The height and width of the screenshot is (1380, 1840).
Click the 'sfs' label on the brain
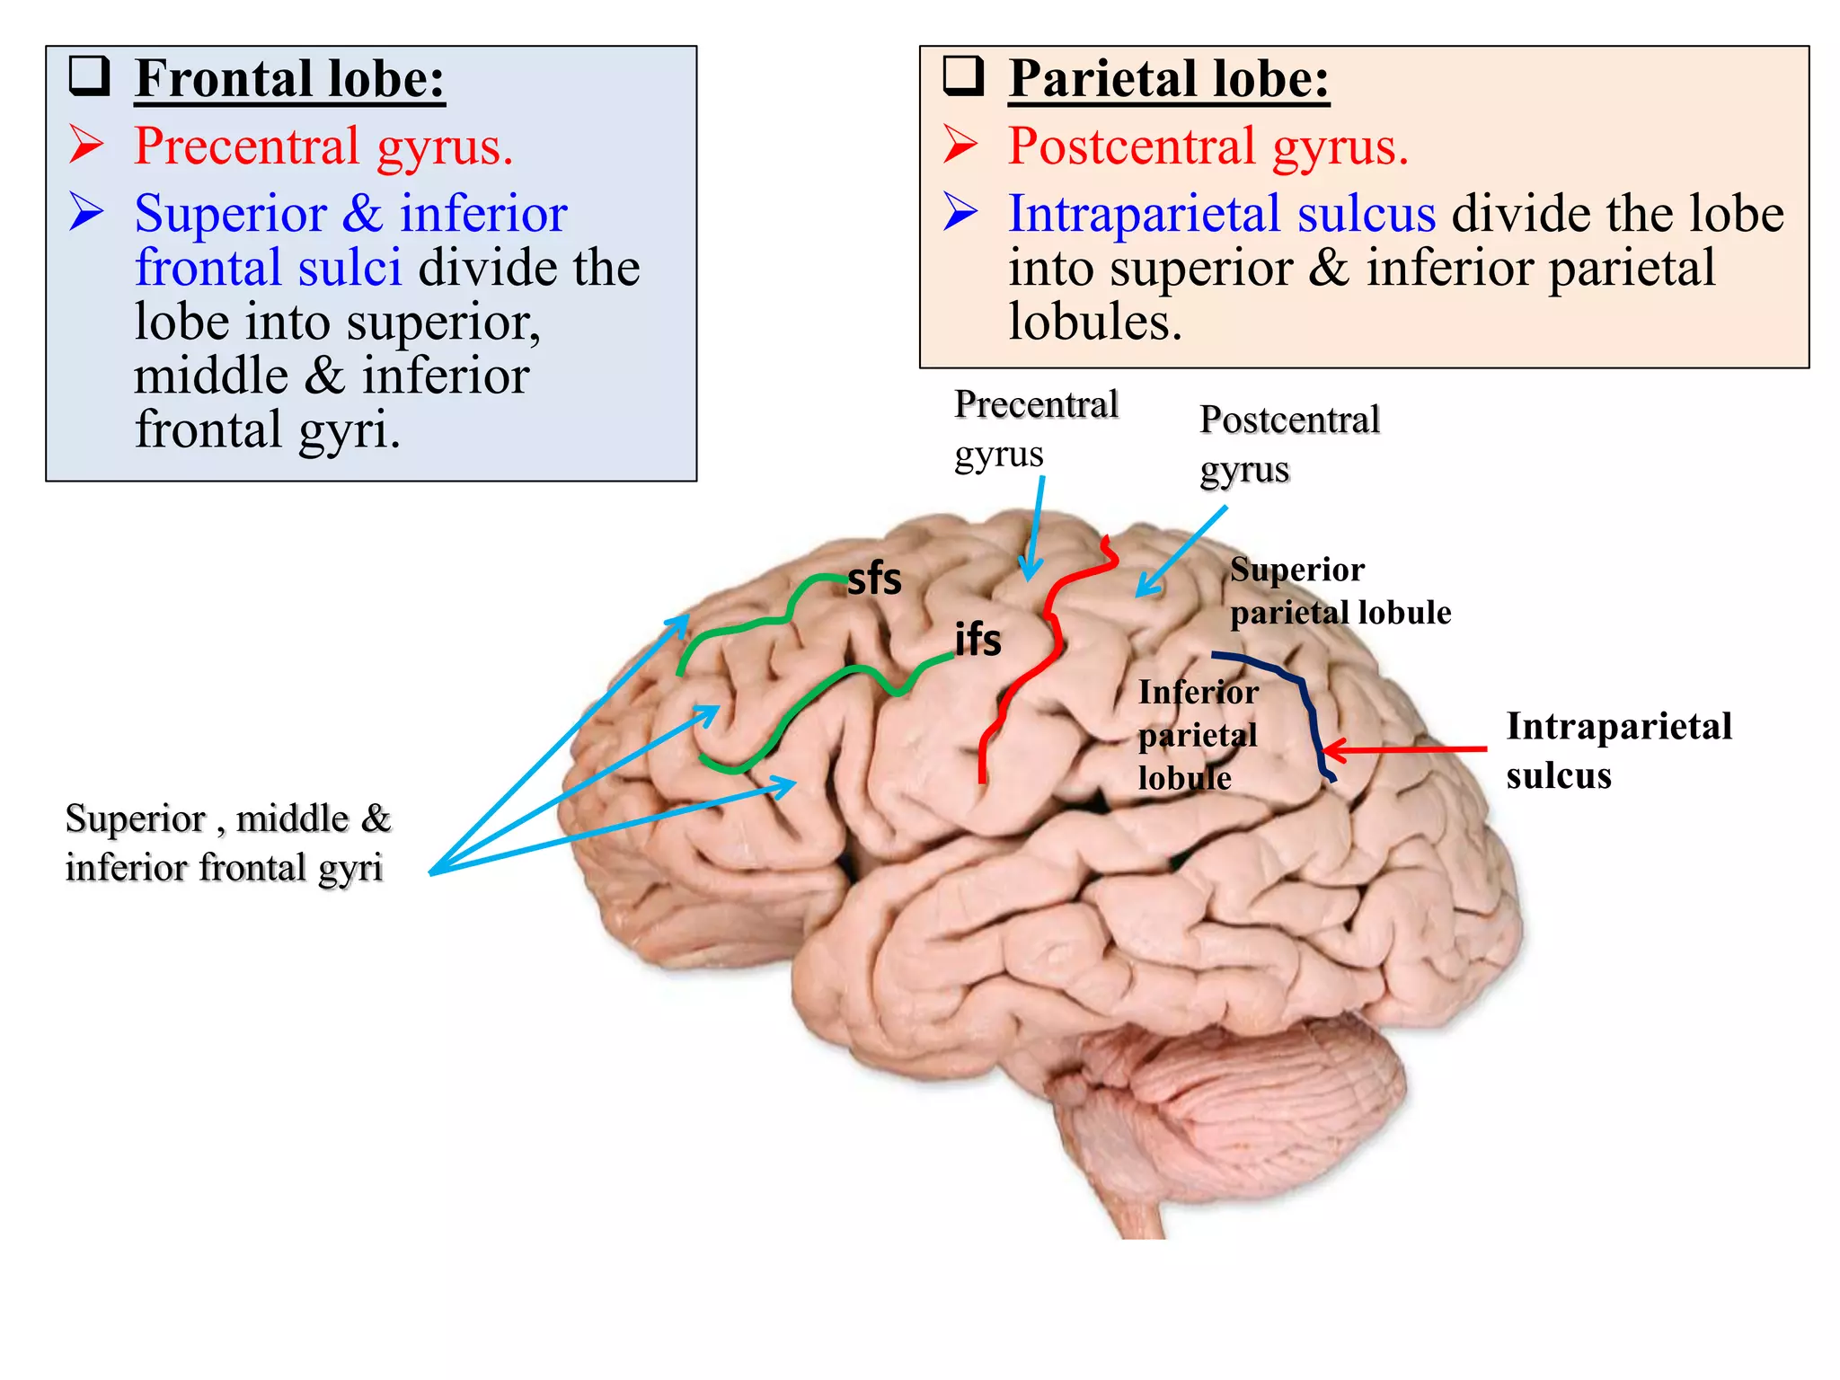coord(873,579)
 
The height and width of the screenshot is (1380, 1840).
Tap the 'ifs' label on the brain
coord(977,640)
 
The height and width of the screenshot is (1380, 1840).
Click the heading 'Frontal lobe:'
coord(289,79)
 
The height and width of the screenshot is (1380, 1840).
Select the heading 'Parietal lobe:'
coord(1168,79)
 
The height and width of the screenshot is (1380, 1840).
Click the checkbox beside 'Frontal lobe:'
coord(90,75)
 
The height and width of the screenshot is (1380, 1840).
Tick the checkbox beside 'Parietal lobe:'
coord(963,75)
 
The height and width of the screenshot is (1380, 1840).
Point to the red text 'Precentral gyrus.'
coord(323,146)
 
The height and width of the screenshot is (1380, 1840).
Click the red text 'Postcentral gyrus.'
coord(1207,146)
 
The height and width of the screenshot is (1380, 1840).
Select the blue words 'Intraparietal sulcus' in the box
coord(1222,214)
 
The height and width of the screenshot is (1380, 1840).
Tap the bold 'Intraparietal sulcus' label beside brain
coord(1617,750)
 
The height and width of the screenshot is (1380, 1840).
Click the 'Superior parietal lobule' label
coord(1339,591)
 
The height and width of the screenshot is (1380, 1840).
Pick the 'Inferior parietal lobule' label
coord(1197,735)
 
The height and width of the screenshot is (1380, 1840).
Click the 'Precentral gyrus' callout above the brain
coord(1035,429)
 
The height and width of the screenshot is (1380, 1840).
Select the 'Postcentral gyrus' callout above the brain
coord(1288,444)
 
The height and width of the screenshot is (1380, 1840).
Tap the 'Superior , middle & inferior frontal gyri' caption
coord(228,843)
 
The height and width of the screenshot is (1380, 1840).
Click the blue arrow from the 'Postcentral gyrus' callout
coord(1181,551)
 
